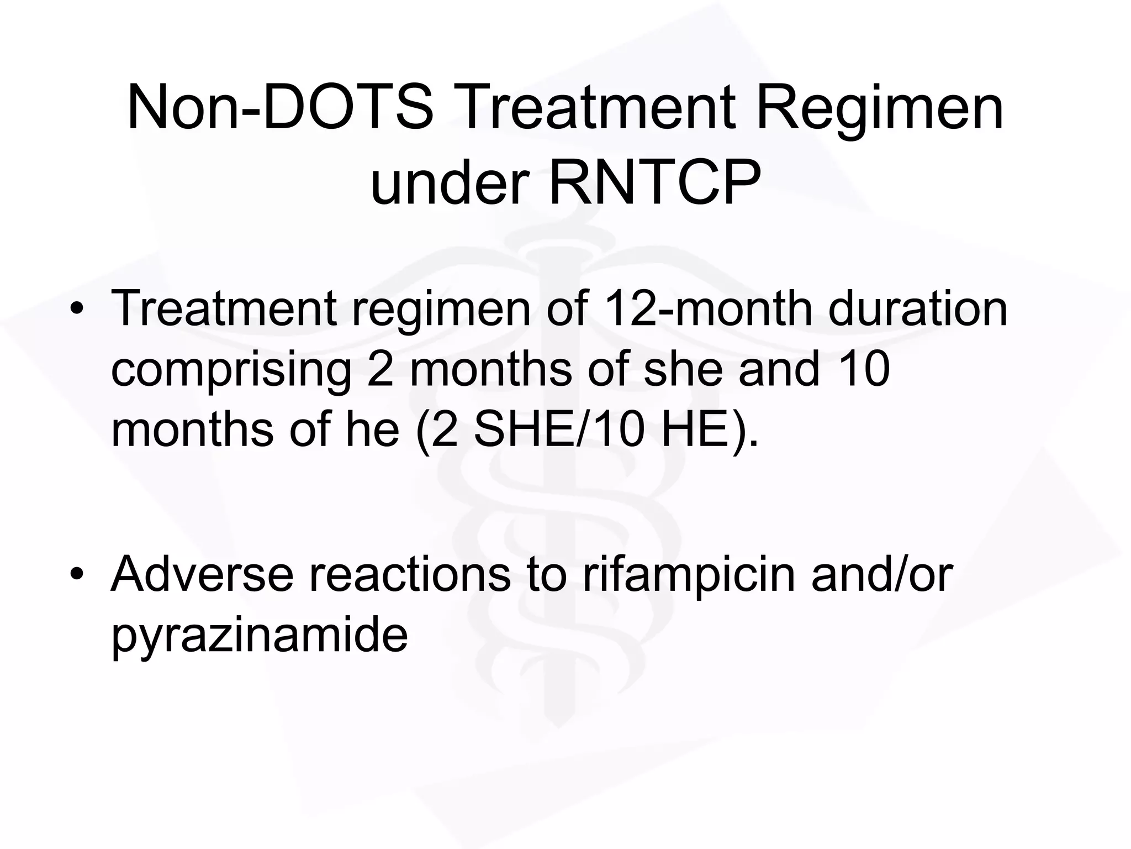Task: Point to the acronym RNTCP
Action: tap(654, 181)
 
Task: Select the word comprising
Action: tap(231, 369)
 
